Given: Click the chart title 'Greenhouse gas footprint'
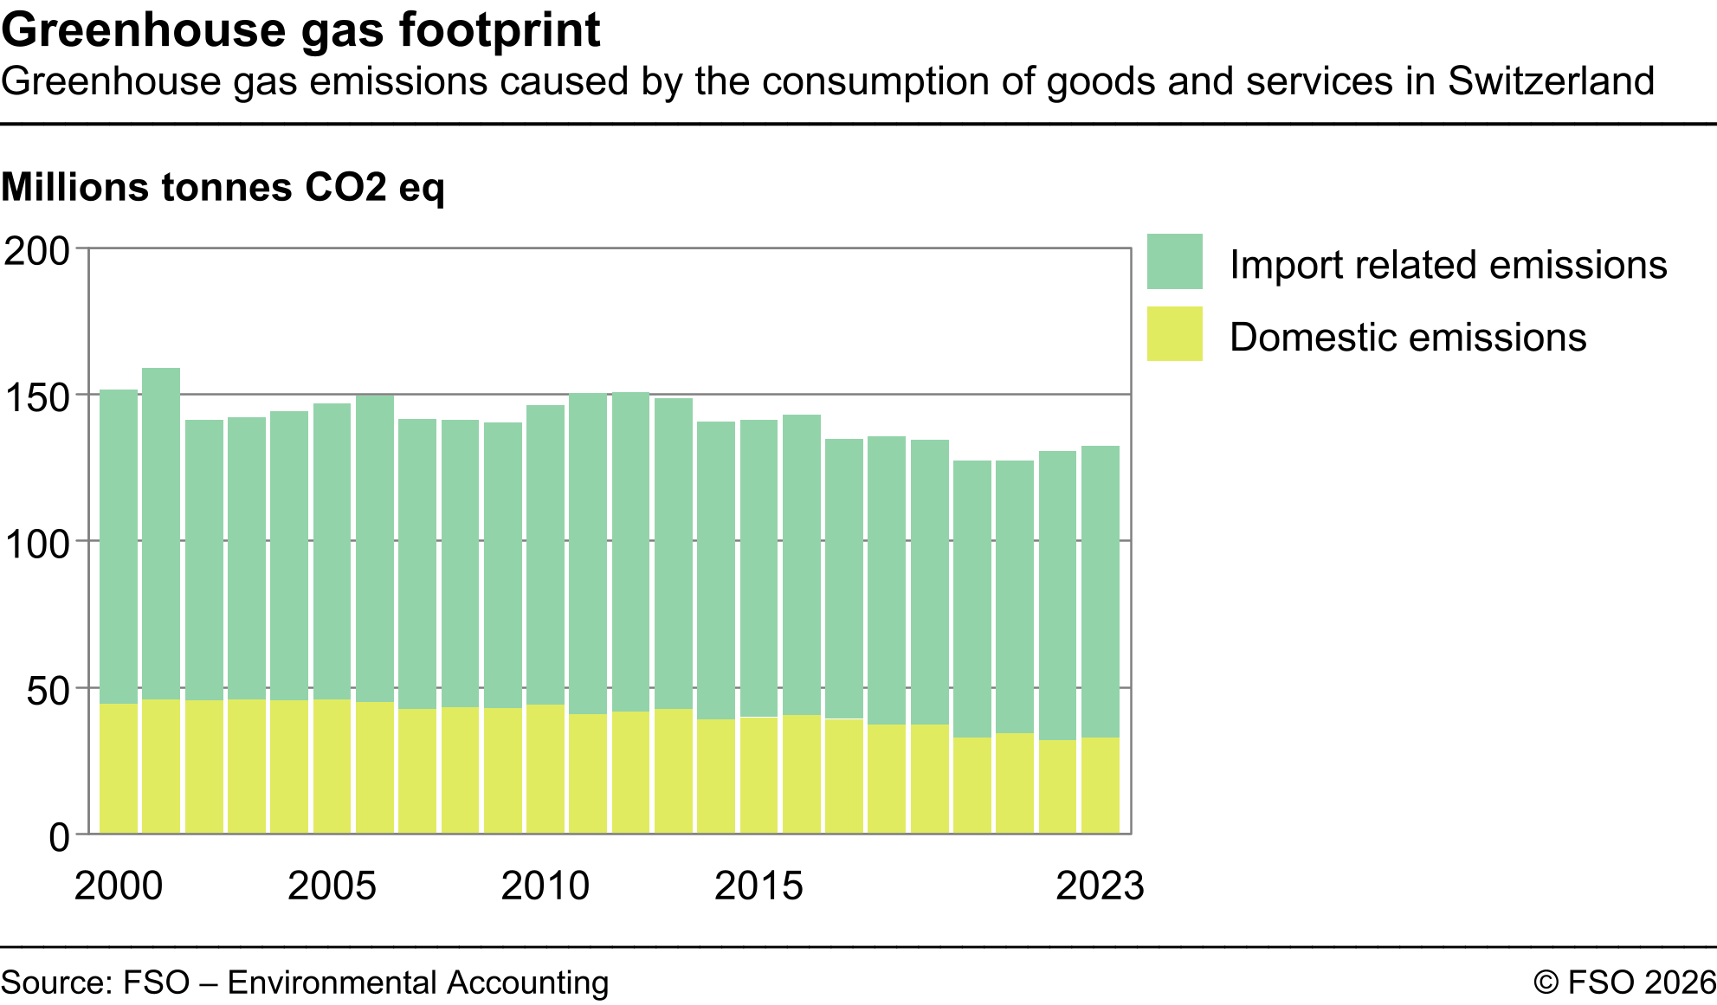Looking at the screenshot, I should click(x=300, y=29).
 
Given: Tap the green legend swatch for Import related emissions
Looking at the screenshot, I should click(x=1174, y=261).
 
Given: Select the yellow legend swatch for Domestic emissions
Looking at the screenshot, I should click(x=1174, y=333).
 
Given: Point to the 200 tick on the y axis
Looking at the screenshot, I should click(x=37, y=251).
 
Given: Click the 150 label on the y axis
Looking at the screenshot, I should click(x=37, y=398).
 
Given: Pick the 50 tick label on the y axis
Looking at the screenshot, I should click(x=48, y=691).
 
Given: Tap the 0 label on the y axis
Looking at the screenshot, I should click(x=59, y=837).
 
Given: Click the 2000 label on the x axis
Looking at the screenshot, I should click(x=119, y=886).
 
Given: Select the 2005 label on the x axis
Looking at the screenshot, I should click(x=332, y=886).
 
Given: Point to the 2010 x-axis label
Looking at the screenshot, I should click(x=545, y=886).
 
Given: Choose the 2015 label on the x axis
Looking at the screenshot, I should click(x=758, y=886).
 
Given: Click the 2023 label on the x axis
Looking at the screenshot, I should click(x=1100, y=886).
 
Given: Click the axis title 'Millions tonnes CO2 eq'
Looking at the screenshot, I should click(x=223, y=187).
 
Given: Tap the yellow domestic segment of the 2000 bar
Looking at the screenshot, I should click(x=119, y=769).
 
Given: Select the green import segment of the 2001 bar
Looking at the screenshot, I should click(x=161, y=532).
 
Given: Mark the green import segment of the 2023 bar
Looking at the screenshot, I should click(x=1100, y=591).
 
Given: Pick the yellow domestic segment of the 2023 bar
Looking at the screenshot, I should click(x=1100, y=785).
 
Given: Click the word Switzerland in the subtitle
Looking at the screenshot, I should click(x=1551, y=81).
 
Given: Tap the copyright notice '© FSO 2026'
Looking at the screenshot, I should click(x=1624, y=982).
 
